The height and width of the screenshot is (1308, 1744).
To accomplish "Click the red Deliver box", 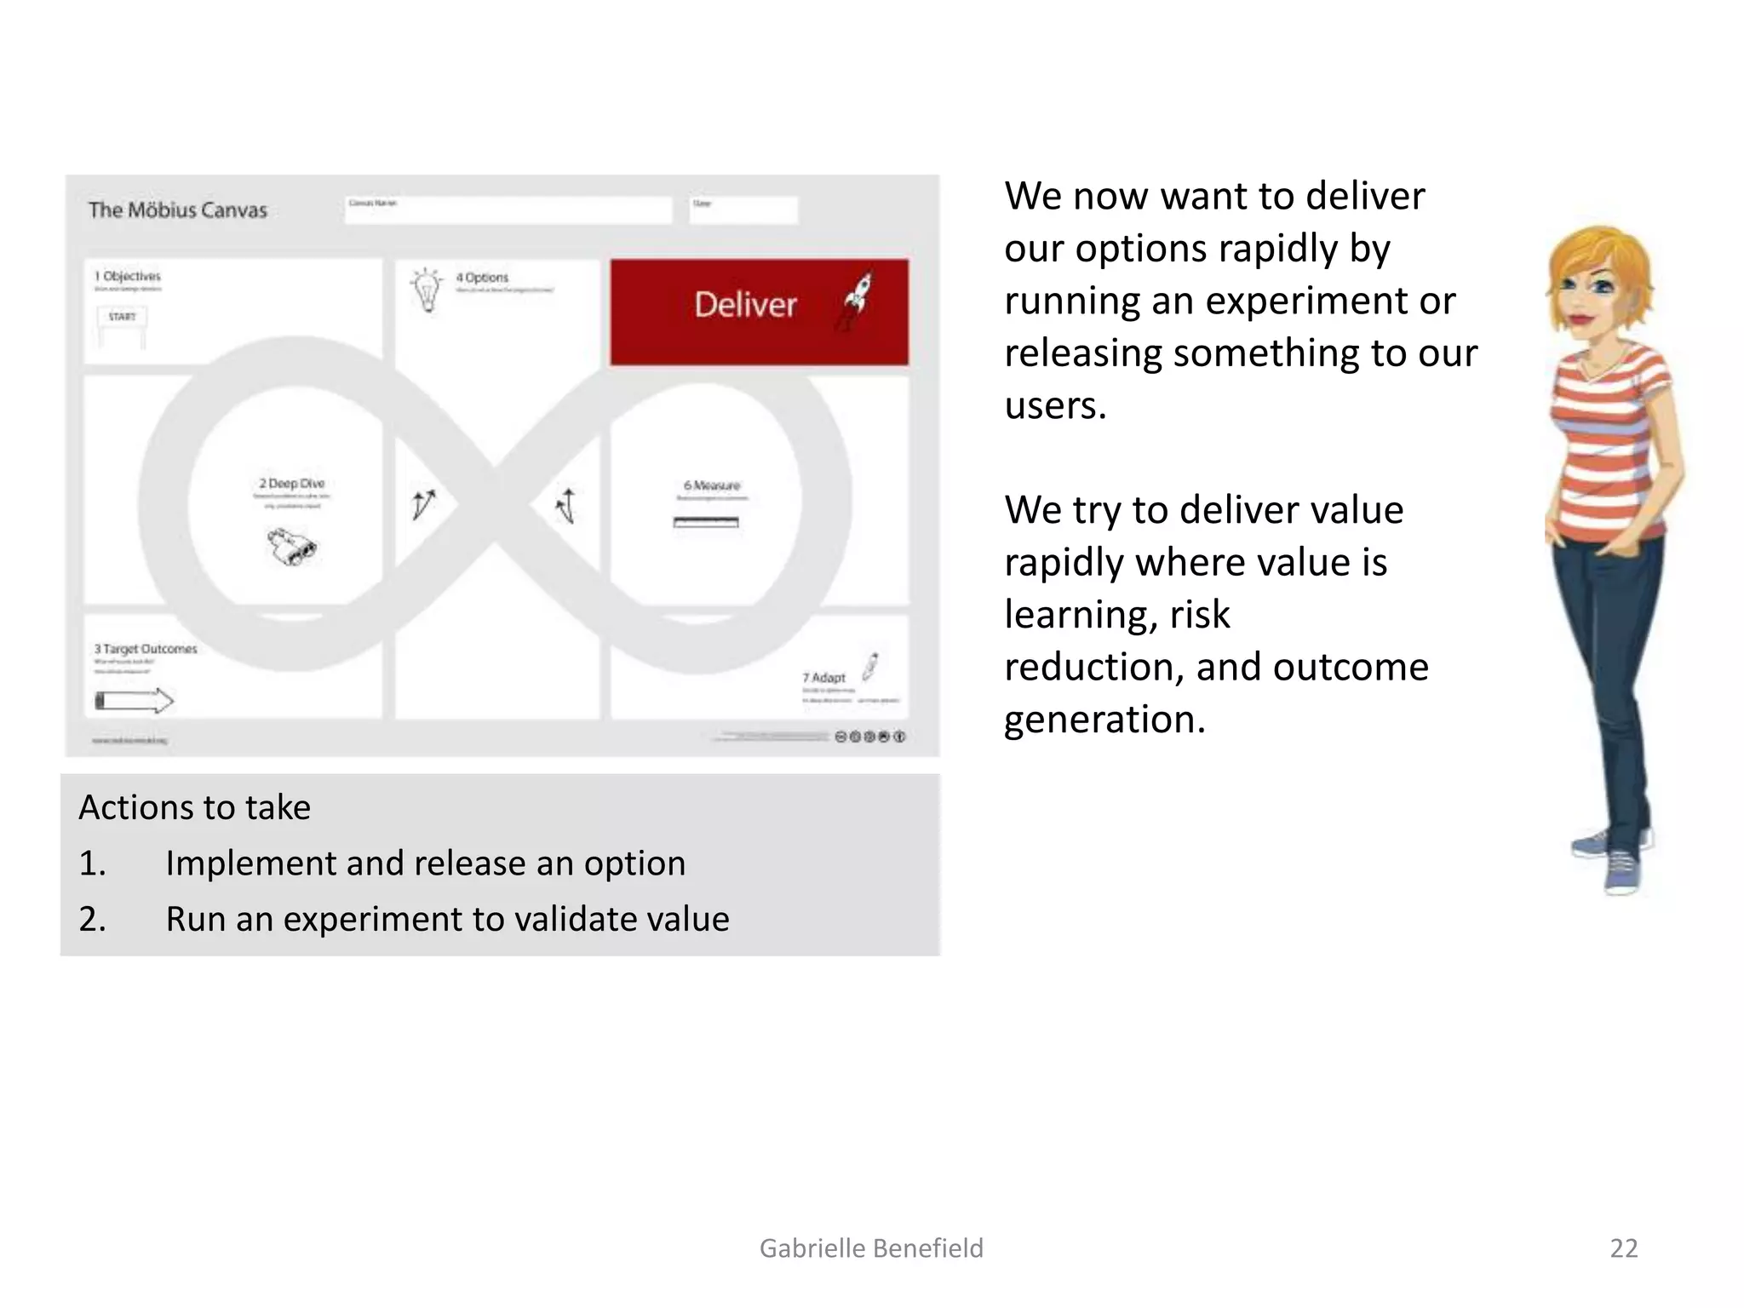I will (758, 313).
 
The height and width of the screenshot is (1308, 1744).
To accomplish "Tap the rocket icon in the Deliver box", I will (858, 300).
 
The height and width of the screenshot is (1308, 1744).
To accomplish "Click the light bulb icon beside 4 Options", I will (427, 290).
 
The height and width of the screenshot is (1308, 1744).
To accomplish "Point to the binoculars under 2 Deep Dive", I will (292, 547).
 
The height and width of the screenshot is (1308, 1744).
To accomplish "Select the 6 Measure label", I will (712, 485).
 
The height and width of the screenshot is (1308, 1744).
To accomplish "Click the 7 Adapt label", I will (823, 678).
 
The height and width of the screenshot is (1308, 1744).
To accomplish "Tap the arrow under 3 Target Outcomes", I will (135, 701).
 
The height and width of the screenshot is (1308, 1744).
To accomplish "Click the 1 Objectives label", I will (128, 276).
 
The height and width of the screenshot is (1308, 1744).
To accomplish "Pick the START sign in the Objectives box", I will (122, 317).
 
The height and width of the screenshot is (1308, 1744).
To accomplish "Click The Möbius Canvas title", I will (177, 210).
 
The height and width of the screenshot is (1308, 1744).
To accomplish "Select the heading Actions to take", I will (194, 807).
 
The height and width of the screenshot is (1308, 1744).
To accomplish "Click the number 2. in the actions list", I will (92, 920).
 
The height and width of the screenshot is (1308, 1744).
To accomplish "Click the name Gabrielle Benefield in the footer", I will (871, 1248).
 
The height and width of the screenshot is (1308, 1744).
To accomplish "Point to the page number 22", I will (1623, 1248).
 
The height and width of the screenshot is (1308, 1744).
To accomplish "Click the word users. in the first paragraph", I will (1055, 405).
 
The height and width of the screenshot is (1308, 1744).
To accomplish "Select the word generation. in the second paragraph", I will (1104, 720).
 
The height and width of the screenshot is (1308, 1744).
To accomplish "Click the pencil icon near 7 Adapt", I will (870, 666).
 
